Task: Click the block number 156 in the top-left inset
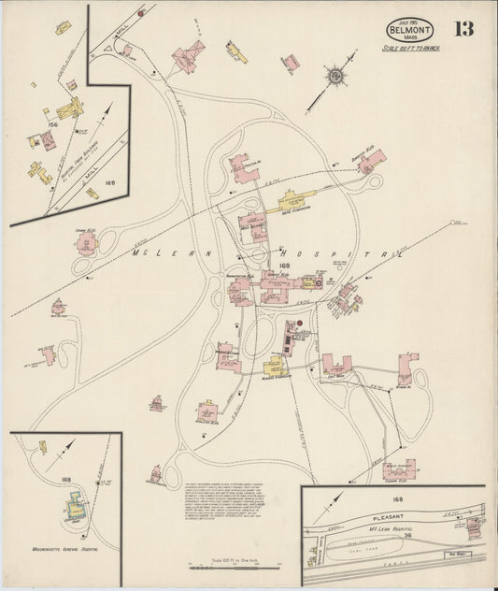(x=52, y=123)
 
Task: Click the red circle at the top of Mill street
(x=140, y=13)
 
